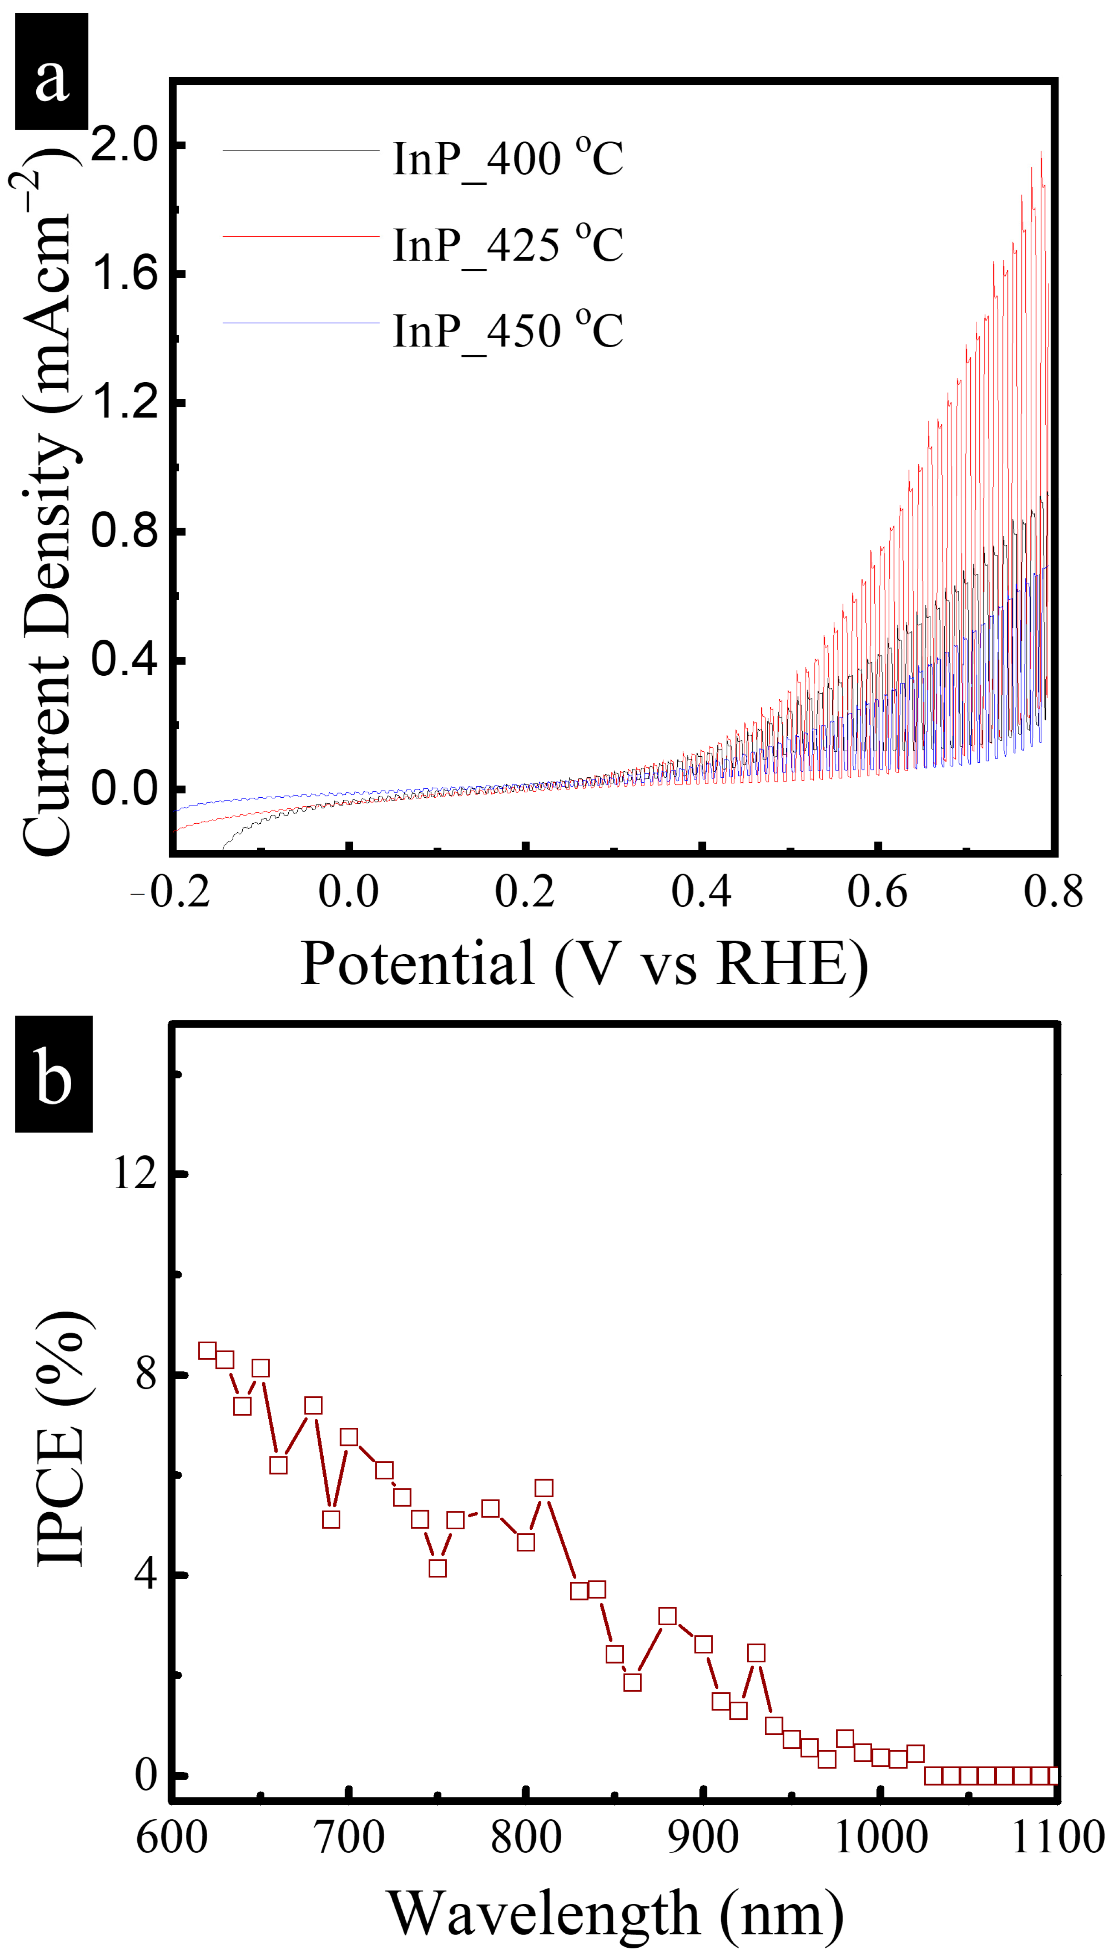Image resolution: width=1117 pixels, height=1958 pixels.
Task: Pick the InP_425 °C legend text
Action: (x=508, y=246)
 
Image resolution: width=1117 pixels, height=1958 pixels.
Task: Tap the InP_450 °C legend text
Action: (x=508, y=331)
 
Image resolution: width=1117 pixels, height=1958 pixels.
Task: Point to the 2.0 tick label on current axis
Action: (x=124, y=145)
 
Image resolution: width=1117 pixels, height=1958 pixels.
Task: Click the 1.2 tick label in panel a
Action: (x=124, y=402)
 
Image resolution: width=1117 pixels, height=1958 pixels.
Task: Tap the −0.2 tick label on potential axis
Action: (x=170, y=892)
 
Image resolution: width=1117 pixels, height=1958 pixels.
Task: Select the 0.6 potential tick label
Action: (x=878, y=892)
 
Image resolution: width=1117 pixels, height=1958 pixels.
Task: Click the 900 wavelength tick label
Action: (x=703, y=1838)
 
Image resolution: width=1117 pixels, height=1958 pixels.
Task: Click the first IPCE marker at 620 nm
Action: (x=207, y=1351)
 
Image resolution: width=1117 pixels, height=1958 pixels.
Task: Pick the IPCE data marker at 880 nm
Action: (x=667, y=1616)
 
